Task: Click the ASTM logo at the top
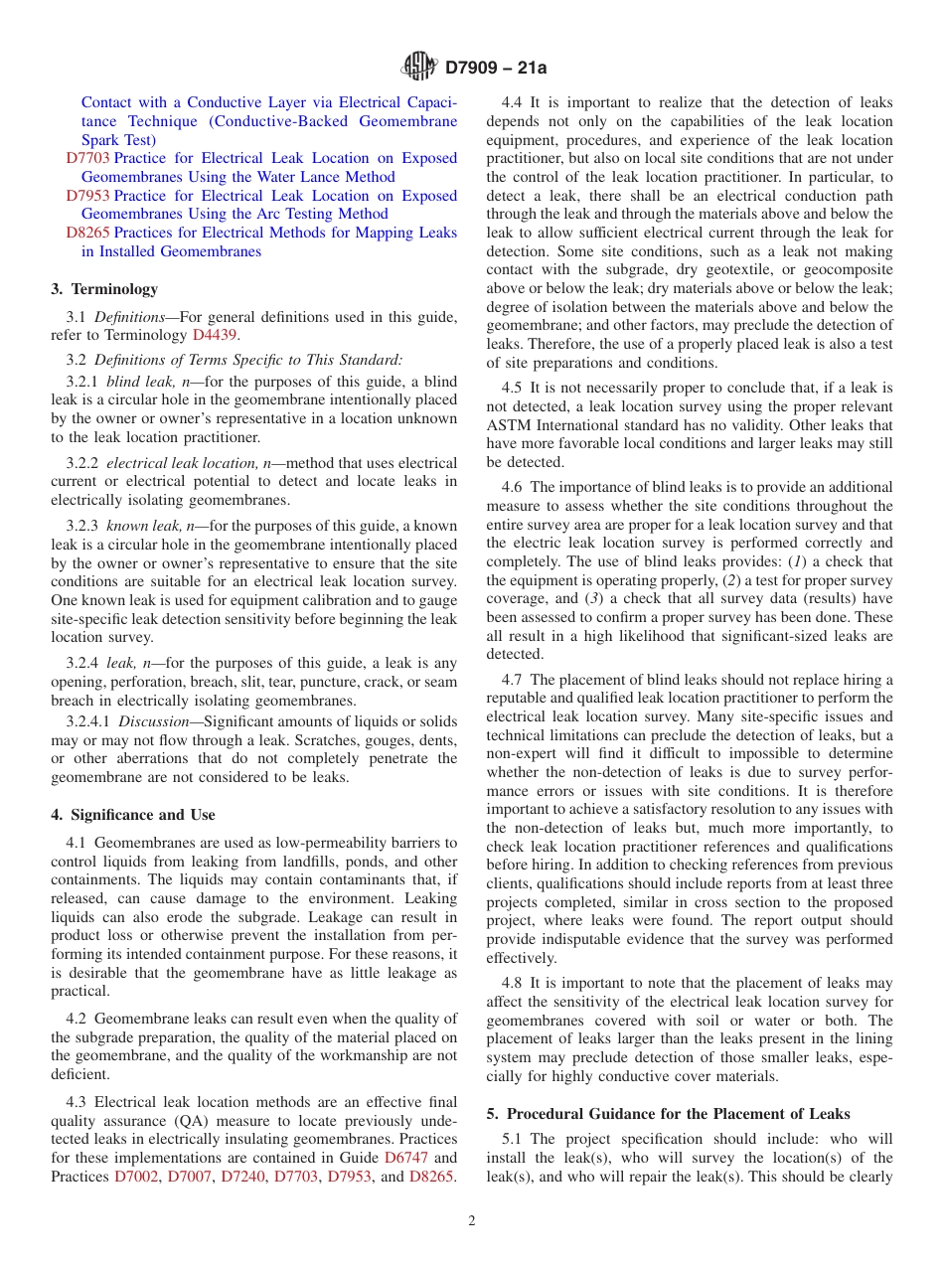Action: click(x=418, y=68)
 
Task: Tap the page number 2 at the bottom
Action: click(x=472, y=1221)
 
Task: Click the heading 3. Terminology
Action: click(x=104, y=289)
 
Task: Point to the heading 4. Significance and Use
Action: click(x=133, y=815)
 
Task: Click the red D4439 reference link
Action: click(x=214, y=335)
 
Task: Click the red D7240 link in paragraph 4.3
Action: click(x=242, y=1177)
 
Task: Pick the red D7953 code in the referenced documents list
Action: click(x=87, y=196)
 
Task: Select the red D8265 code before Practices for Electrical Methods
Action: click(x=87, y=233)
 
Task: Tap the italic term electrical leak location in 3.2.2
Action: click(x=175, y=463)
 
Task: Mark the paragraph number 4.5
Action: click(x=512, y=388)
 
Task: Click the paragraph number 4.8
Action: click(x=512, y=983)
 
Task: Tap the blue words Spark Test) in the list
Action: click(x=118, y=140)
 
